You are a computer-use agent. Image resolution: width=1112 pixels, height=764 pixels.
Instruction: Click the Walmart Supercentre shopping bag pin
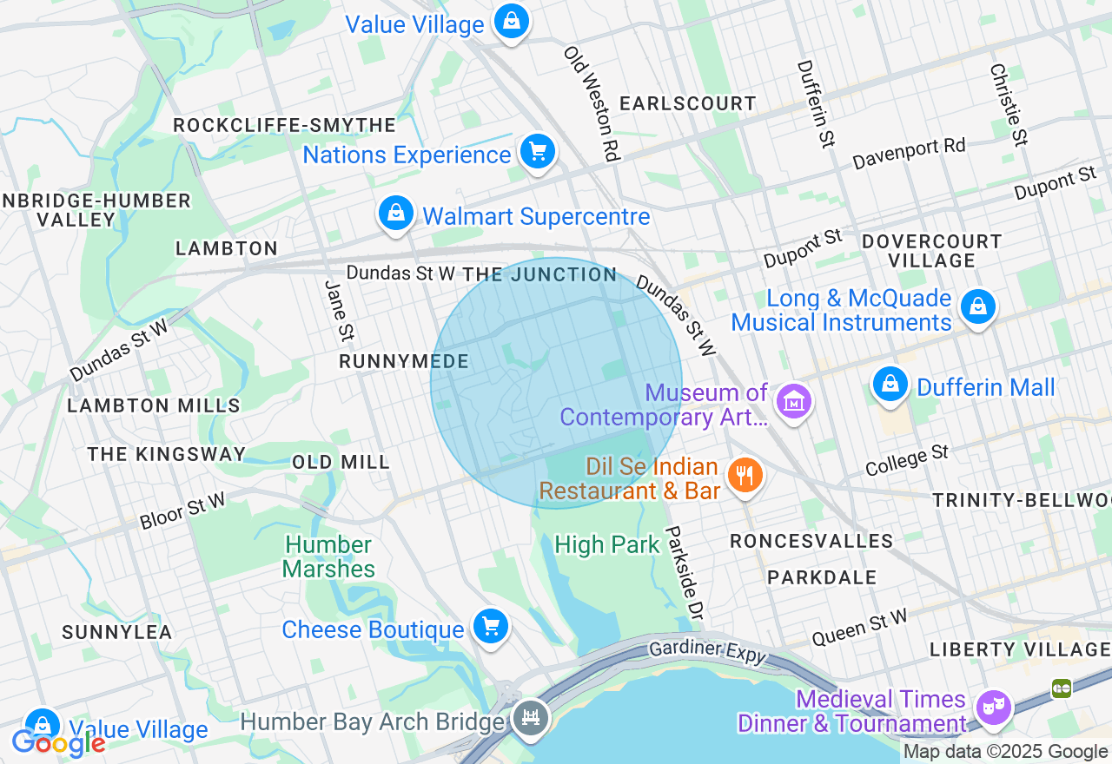pos(396,213)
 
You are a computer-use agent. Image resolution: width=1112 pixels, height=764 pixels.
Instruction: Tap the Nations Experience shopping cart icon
pos(538,153)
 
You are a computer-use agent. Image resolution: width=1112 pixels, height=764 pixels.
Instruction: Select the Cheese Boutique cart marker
pos(490,626)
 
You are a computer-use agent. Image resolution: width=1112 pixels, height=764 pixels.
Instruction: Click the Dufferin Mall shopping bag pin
pos(890,384)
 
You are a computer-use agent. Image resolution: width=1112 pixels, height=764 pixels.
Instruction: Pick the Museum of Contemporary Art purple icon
pos(794,402)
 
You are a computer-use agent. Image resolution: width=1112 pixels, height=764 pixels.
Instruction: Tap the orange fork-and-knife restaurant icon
pos(745,475)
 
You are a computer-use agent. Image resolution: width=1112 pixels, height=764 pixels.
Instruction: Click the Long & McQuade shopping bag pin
pos(978,306)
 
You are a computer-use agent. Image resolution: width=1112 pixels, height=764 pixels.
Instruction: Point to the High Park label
pos(607,545)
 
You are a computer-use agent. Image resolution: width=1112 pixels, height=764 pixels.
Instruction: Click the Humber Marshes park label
pos(329,557)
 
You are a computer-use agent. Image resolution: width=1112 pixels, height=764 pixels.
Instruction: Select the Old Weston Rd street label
pos(592,103)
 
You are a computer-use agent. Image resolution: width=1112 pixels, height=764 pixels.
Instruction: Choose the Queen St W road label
pos(859,628)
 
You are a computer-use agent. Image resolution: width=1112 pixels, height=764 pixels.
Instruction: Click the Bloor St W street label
pos(182,511)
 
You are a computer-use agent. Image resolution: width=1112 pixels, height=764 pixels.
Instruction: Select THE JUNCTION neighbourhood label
pos(539,275)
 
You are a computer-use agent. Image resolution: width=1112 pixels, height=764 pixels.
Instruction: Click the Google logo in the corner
pos(57,742)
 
